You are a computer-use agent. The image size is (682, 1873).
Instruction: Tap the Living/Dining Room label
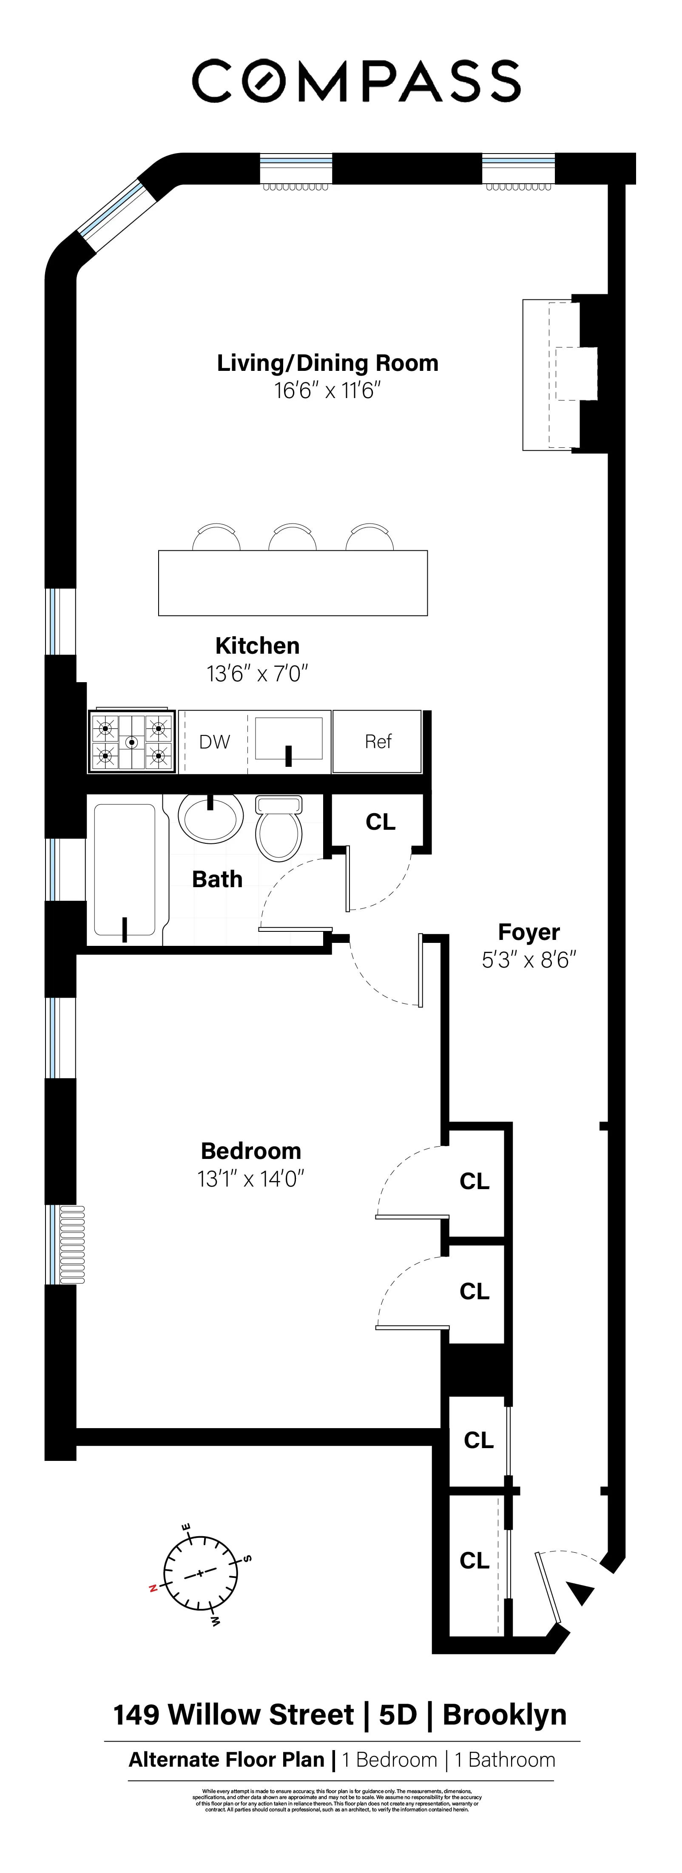pos(327,363)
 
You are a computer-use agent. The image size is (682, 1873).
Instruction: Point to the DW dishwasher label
pos(214,742)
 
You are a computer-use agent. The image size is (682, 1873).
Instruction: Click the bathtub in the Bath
pos(125,869)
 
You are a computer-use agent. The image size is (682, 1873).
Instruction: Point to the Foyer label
pos(529,932)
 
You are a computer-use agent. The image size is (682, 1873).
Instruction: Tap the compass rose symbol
pos(200,1574)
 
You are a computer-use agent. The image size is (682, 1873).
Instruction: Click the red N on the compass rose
pos(153,1589)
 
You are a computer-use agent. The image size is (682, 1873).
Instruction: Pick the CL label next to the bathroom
pos(380,822)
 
